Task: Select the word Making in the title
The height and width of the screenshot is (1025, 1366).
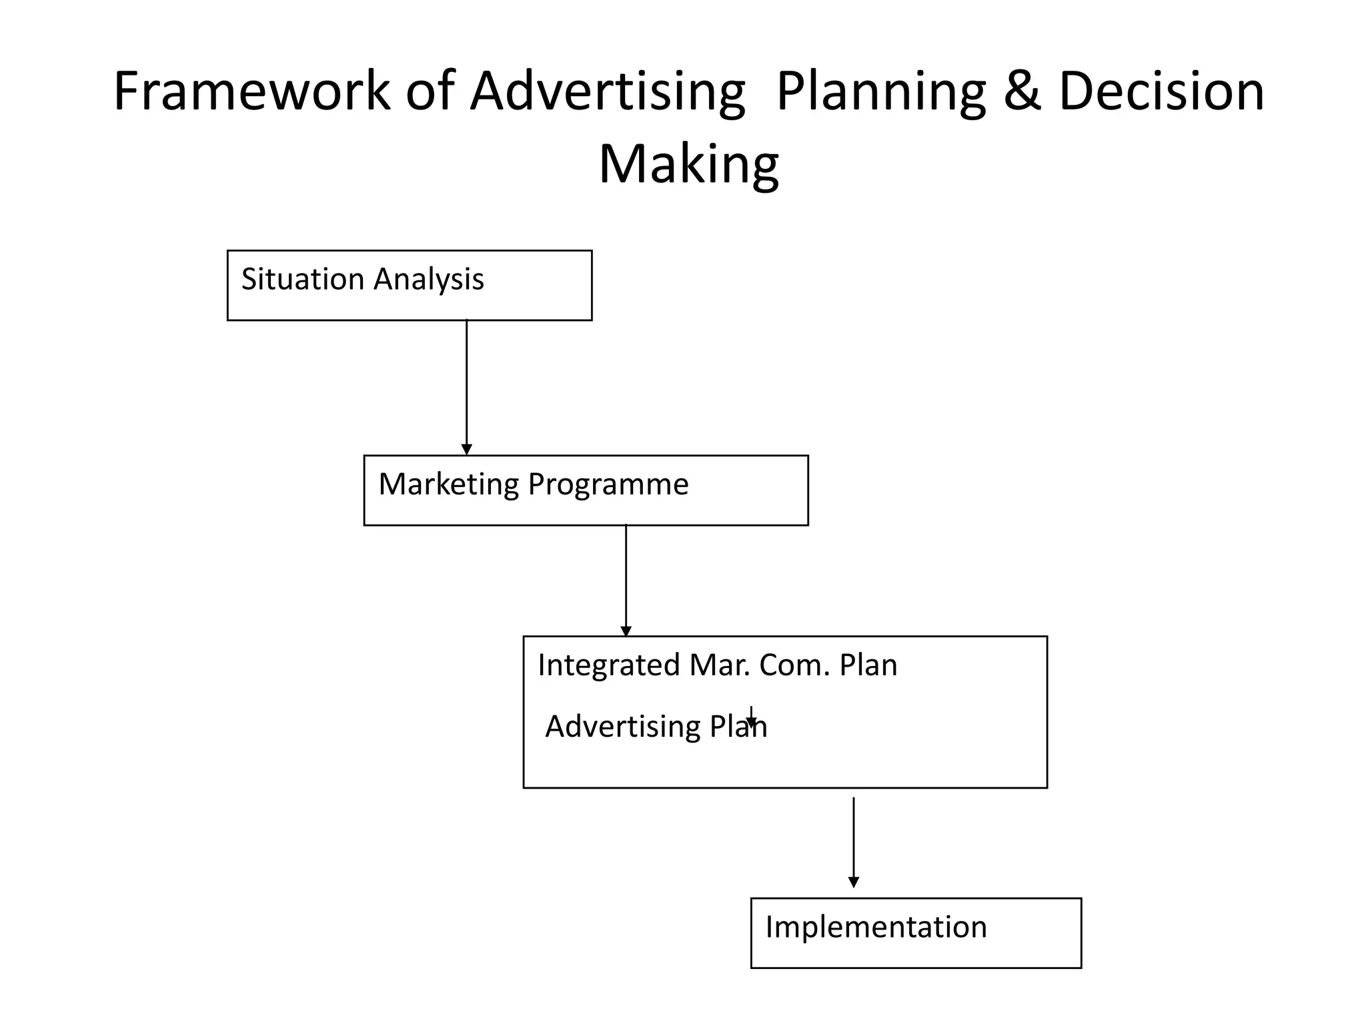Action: [x=688, y=164]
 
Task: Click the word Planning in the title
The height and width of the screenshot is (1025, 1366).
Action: [x=880, y=92]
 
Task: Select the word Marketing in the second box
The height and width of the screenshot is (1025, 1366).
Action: [x=448, y=484]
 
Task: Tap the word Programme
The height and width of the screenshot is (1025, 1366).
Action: [x=608, y=484]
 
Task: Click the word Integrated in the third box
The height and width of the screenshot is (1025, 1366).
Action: [x=608, y=665]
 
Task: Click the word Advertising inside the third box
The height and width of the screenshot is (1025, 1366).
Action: [x=622, y=726]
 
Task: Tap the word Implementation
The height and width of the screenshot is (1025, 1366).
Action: [x=875, y=927]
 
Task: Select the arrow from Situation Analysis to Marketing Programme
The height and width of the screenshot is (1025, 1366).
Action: [x=467, y=387]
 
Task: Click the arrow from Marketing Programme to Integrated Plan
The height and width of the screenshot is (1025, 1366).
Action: [x=626, y=581]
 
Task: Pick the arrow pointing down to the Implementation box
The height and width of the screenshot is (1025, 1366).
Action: [x=853, y=842]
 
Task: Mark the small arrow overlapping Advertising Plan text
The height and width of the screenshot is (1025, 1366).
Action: [x=751, y=717]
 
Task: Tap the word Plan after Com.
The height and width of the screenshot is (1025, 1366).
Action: [x=868, y=665]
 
